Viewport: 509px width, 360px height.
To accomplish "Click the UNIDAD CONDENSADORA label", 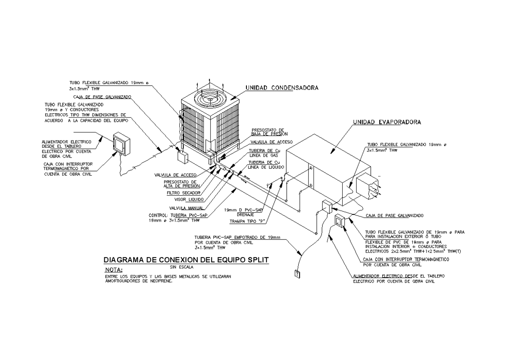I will [282, 88].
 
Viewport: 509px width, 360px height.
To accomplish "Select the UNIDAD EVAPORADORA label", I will [387, 122].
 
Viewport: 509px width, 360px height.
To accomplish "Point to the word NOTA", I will [113, 270].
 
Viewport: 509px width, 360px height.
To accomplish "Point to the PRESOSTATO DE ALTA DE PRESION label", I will [180, 184].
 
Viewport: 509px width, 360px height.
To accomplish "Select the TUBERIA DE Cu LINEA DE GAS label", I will [264, 153].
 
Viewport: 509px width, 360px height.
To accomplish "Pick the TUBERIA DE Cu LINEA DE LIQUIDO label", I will [264, 165].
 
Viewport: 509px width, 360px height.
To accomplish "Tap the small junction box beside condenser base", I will [183, 157].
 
